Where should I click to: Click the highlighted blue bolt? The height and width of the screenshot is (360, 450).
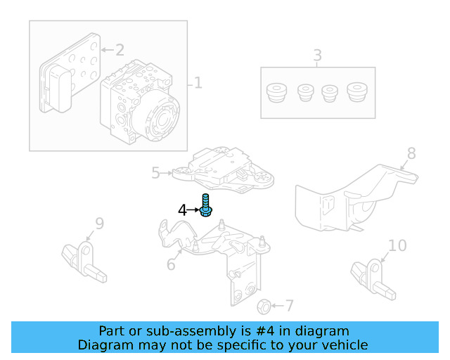(205, 205)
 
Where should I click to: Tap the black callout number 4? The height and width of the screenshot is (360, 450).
(182, 210)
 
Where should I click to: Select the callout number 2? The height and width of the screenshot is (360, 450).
(120, 50)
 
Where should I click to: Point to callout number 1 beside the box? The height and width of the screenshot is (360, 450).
(198, 83)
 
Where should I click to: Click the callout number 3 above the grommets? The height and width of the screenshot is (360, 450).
(317, 55)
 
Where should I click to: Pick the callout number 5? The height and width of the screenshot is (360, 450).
(155, 173)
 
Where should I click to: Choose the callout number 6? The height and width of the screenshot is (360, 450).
(171, 264)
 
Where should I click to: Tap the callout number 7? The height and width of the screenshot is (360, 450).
(290, 306)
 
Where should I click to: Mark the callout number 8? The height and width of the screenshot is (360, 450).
(411, 153)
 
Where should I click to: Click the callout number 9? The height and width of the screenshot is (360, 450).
(100, 224)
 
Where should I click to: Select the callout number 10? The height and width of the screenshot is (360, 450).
(397, 245)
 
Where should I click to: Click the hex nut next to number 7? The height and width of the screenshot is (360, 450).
(264, 307)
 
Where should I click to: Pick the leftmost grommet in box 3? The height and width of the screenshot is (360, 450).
(276, 92)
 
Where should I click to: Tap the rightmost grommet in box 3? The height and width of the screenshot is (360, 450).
(357, 92)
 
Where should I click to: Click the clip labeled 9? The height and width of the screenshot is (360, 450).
(84, 262)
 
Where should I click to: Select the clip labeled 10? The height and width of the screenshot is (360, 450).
(373, 280)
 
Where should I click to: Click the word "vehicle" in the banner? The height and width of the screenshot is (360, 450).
(345, 345)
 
